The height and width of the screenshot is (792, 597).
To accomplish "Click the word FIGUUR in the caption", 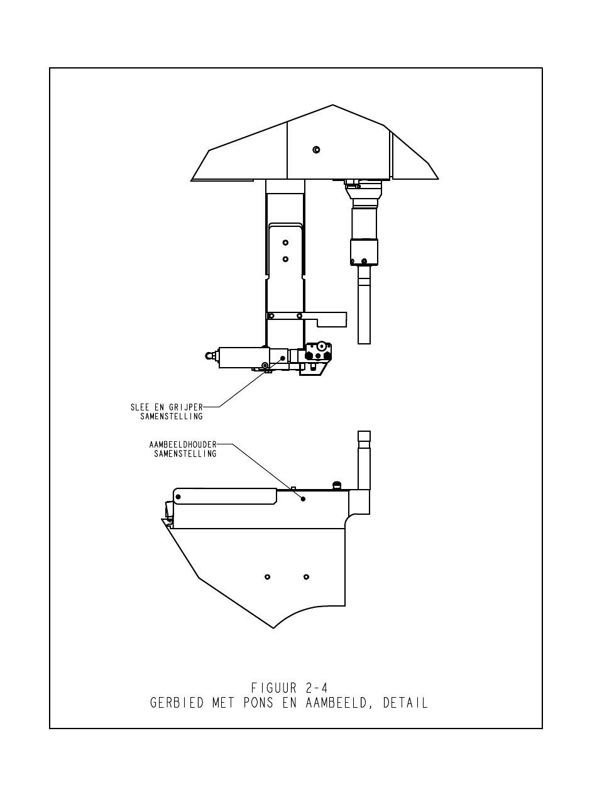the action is pyautogui.click(x=273, y=688).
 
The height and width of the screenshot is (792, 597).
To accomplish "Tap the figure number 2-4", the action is pyautogui.click(x=316, y=688).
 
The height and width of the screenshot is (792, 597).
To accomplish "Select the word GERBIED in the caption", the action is pyautogui.click(x=177, y=703).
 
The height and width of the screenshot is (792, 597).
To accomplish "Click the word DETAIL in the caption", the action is pyautogui.click(x=405, y=703).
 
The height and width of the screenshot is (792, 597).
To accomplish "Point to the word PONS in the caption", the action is pyautogui.click(x=258, y=703).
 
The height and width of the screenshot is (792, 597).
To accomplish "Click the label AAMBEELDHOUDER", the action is pyautogui.click(x=182, y=444).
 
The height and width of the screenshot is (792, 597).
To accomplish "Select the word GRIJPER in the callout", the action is pyautogui.click(x=186, y=407).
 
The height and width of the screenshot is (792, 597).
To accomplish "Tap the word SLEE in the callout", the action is pyautogui.click(x=140, y=407).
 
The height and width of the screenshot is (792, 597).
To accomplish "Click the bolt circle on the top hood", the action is pyautogui.click(x=316, y=150).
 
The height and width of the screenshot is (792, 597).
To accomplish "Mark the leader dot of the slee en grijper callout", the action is pyautogui.click(x=283, y=358).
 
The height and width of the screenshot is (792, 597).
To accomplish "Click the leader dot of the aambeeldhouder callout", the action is pyautogui.click(x=303, y=498).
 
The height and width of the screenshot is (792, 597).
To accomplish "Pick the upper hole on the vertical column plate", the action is pyautogui.click(x=285, y=243).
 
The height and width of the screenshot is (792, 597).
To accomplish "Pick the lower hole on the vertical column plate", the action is pyautogui.click(x=285, y=259).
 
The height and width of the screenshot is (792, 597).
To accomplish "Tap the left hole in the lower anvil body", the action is pyautogui.click(x=267, y=577).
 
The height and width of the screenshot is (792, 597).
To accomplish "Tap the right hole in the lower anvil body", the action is pyautogui.click(x=306, y=577).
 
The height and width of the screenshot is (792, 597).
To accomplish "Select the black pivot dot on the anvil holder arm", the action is pyautogui.click(x=178, y=497).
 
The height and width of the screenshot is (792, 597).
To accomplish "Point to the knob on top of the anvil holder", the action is pyautogui.click(x=337, y=485).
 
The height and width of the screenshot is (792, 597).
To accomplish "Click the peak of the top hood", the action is pyautogui.click(x=332, y=105).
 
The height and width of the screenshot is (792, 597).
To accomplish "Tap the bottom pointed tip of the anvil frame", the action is pyautogui.click(x=273, y=628).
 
